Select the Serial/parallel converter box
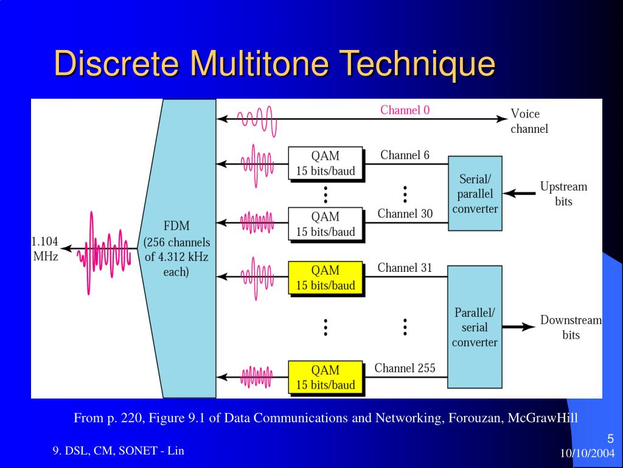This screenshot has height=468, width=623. point(475,193)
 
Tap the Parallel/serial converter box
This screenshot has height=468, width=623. point(475,327)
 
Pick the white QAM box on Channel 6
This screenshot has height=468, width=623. point(325,163)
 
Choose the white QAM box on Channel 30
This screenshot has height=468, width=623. point(325,224)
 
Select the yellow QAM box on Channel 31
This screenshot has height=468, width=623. point(325,278)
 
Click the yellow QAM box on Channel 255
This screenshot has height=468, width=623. point(325,377)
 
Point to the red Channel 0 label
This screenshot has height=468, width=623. point(405,110)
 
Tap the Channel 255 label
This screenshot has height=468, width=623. point(405,368)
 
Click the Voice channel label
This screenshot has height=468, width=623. point(529,121)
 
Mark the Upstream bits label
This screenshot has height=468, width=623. point(563,194)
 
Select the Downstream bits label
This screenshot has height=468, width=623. point(571,327)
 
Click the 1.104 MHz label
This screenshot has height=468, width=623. point(45,249)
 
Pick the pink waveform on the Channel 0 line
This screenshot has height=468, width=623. point(256,119)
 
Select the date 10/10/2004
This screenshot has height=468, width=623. point(587,453)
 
